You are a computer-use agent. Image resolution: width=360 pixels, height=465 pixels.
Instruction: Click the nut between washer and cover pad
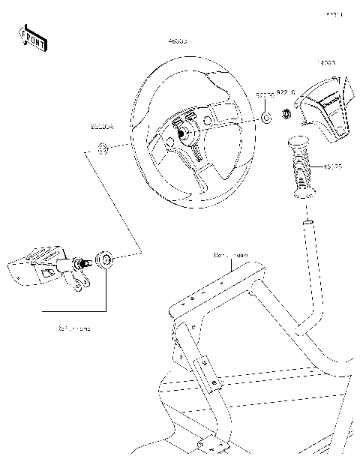coord(285,115)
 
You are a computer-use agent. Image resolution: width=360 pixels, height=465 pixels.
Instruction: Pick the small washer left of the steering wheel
coord(103,147)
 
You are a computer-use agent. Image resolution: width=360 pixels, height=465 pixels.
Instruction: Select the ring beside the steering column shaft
coord(106,260)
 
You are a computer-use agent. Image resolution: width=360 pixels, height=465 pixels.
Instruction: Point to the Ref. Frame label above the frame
coord(230,256)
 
